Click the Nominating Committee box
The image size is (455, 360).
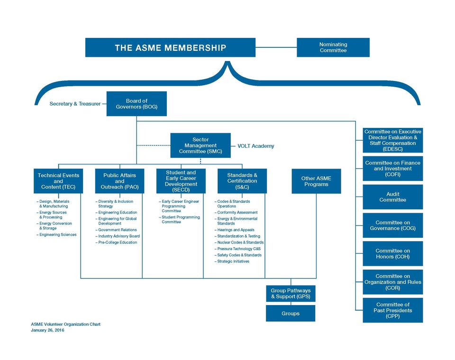click(x=333, y=47)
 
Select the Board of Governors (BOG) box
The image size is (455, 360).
click(x=136, y=104)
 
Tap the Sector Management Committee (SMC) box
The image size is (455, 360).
click(x=200, y=145)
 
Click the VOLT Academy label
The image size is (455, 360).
click(x=255, y=146)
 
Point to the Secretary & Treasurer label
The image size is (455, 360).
click(x=75, y=104)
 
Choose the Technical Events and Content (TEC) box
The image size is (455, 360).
click(x=58, y=181)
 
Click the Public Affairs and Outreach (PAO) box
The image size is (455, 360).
click(x=119, y=181)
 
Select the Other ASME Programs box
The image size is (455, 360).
click(x=316, y=181)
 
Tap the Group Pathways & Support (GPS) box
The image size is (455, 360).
click(x=291, y=294)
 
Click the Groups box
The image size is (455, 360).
click(x=291, y=313)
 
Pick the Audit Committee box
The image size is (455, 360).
click(x=392, y=197)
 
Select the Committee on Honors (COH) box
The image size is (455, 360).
click(x=392, y=253)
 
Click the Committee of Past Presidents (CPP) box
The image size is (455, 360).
click(x=392, y=310)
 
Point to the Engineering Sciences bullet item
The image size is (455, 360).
click(x=56, y=234)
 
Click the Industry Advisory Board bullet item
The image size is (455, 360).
click(x=118, y=236)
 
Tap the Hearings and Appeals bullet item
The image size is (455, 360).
click(x=235, y=230)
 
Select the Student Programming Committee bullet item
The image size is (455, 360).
click(x=179, y=219)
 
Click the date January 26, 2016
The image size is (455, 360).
click(x=47, y=330)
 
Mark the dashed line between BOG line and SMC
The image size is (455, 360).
click(x=154, y=145)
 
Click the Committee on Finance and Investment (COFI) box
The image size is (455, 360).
click(x=392, y=169)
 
